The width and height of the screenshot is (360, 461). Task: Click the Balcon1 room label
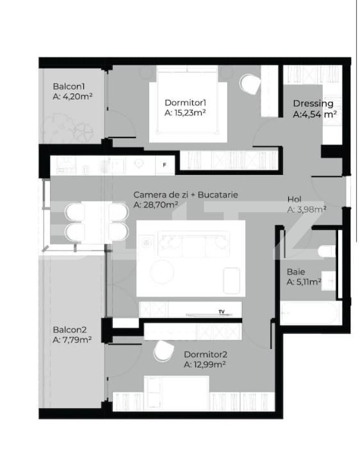pyautogui.click(x=69, y=87)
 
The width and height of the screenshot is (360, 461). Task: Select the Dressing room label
pyautogui.click(x=313, y=104)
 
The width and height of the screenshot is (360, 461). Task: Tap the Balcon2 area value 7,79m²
pyautogui.click(x=72, y=340)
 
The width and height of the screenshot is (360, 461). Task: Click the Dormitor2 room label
pyautogui.click(x=205, y=354)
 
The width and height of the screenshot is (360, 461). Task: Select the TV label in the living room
pyautogui.click(x=222, y=312)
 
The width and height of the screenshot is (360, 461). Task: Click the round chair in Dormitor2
pyautogui.click(x=163, y=352)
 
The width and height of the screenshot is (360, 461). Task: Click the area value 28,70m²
pyautogui.click(x=156, y=206)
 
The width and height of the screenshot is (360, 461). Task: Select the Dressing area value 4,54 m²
pyautogui.click(x=315, y=115)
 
